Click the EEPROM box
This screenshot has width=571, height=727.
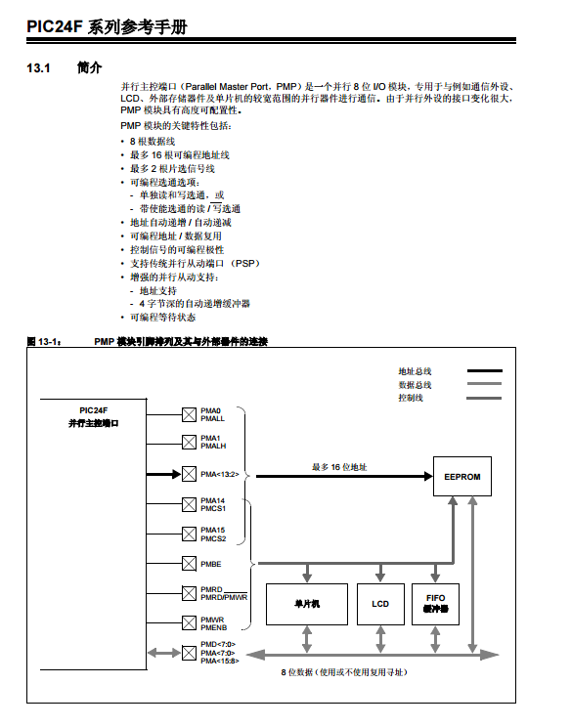tap(461, 478)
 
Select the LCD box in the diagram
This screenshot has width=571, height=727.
tap(380, 603)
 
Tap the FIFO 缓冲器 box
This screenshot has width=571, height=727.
tap(435, 603)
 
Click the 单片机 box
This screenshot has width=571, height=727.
tap(307, 603)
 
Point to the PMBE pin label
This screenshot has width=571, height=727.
tap(211, 564)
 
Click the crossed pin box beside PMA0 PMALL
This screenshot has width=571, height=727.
tap(189, 414)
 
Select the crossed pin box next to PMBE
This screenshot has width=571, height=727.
tap(189, 564)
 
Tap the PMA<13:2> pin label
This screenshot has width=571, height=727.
tap(219, 475)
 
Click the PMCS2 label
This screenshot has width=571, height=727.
tap(213, 538)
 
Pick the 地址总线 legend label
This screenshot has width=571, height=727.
tap(415, 371)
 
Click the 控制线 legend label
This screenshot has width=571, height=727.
tap(411, 398)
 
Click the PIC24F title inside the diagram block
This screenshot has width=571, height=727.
tap(94, 410)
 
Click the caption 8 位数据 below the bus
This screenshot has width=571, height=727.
tap(343, 673)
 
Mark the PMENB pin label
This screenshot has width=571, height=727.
tap(214, 627)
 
